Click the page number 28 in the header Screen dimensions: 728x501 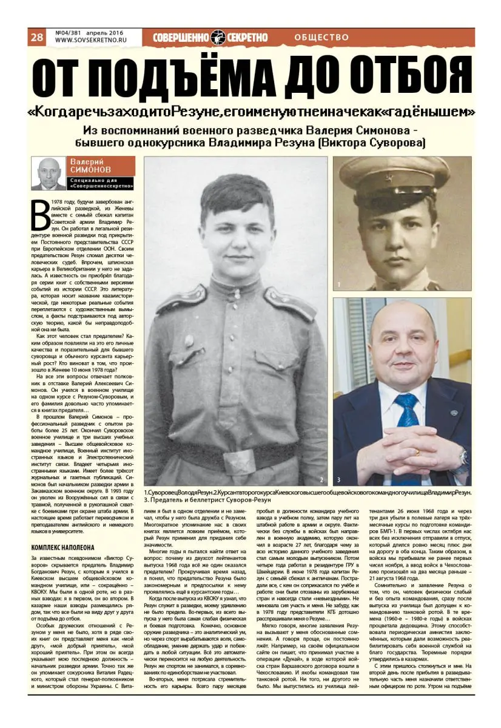36,37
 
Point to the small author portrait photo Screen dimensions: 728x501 49,174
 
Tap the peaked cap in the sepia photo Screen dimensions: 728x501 394,179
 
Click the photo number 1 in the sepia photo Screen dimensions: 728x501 340,283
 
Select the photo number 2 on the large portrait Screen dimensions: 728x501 321,479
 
